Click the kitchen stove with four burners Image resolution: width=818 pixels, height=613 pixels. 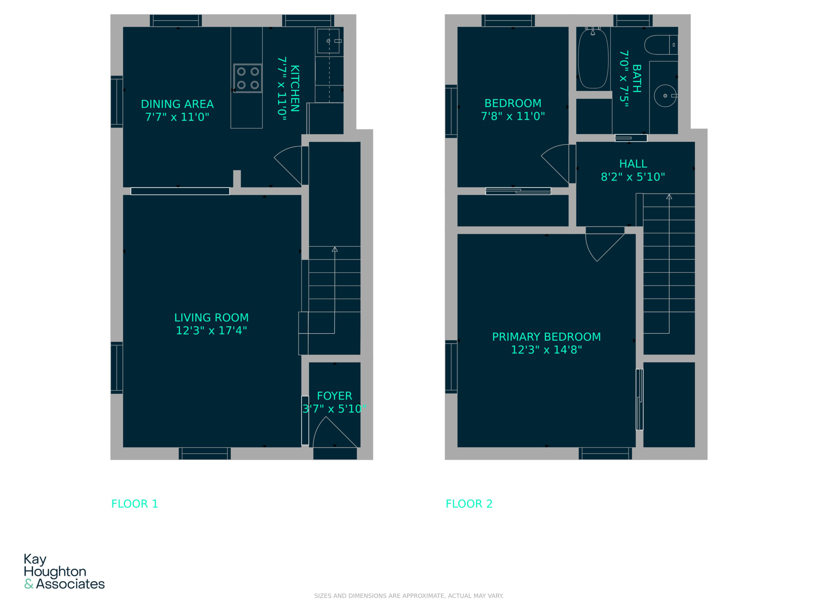[248, 78]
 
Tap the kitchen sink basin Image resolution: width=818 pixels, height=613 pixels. [328, 41]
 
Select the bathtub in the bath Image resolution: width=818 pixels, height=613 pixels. [593, 59]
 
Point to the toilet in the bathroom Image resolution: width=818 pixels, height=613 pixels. [661, 45]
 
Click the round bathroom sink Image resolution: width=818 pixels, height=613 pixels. [665, 96]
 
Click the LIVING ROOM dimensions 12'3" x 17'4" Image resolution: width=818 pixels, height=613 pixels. [211, 330]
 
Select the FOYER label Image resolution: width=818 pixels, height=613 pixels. [334, 396]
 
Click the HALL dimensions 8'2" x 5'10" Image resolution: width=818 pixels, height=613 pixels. [633, 177]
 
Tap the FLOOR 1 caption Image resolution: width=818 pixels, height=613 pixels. [135, 503]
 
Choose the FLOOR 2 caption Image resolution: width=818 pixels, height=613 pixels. [469, 503]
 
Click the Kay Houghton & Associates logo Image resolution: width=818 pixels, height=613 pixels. [64, 571]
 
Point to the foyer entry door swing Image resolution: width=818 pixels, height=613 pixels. [335, 432]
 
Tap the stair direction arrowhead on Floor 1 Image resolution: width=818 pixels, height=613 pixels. [335, 249]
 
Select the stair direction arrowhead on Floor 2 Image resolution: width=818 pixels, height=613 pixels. [669, 197]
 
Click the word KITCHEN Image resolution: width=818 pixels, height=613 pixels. [295, 88]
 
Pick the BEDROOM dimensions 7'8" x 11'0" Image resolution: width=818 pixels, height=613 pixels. [513, 116]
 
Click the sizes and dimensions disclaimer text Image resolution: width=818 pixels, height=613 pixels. [409, 596]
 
